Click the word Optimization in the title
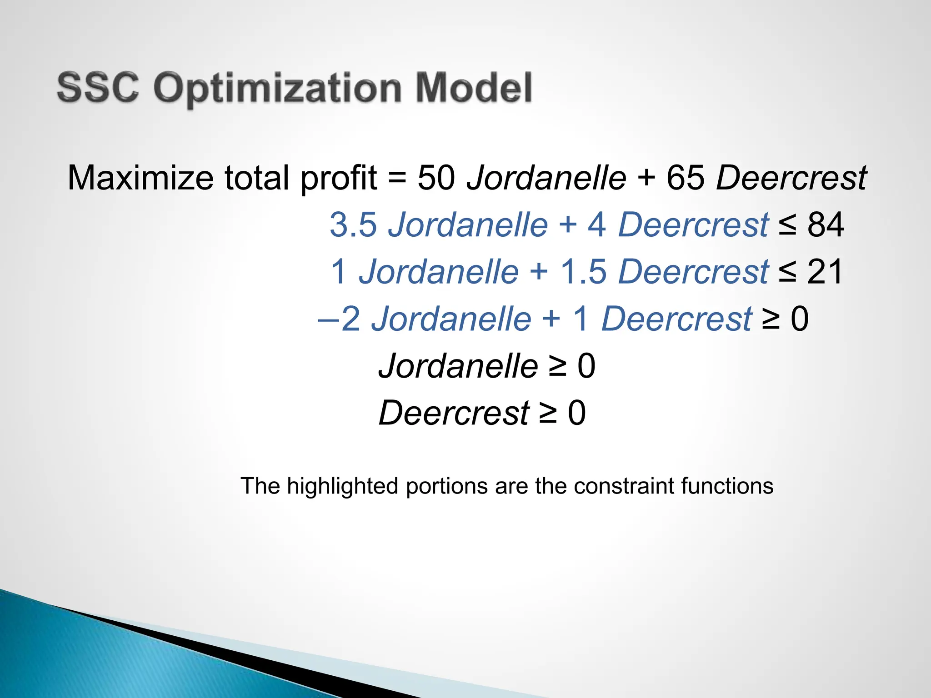tap(277, 89)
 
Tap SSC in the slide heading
tap(98, 87)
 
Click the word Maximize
tap(140, 178)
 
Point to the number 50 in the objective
tap(436, 178)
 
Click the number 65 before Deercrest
tap(686, 178)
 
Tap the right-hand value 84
tap(826, 224)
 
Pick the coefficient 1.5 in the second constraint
tap(583, 272)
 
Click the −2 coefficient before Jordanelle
tap(340, 319)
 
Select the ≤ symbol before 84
tap(787, 224)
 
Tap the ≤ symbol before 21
tap(787, 272)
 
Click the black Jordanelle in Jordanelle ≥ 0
tap(458, 366)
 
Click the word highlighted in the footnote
tap(342, 486)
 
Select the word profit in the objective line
tap(339, 179)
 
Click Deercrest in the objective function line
tap(791, 178)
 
